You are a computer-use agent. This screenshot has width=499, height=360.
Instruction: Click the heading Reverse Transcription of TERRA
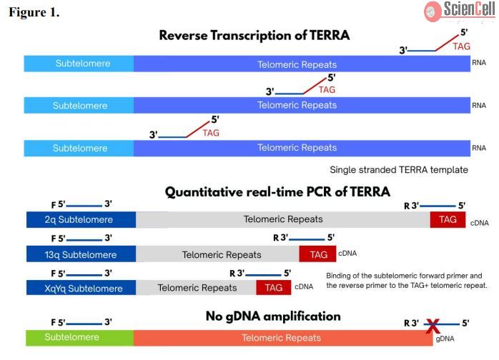point(254,35)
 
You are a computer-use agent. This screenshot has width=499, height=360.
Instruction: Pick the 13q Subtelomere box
point(80,254)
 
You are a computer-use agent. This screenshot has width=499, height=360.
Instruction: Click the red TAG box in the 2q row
point(448,219)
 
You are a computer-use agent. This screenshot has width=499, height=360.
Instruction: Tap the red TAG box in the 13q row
point(317,254)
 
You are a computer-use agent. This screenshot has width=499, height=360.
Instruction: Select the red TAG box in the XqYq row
point(273,288)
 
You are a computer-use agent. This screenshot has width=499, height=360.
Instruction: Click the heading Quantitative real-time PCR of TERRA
point(277,192)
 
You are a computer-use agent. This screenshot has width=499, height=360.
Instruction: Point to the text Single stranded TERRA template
point(398,170)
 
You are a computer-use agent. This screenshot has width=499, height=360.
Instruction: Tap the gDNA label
point(444,340)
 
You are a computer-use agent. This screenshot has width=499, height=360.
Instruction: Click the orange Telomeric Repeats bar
point(282,337)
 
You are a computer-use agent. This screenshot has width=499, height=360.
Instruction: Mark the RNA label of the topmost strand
point(479,63)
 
